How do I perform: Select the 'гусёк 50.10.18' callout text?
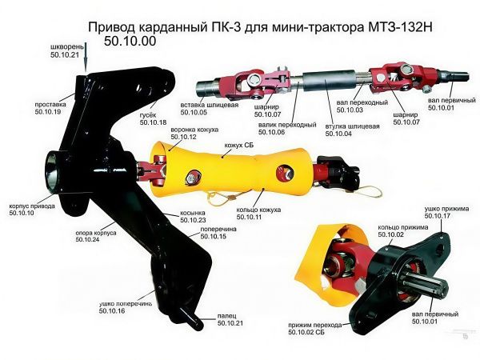pos(153,118)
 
